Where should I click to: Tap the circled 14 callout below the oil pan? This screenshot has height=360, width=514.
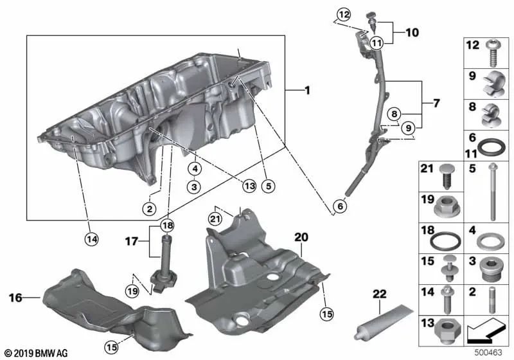coord(93,239)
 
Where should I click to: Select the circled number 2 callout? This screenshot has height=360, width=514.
coord(149,208)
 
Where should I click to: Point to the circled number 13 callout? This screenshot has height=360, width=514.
coord(249,186)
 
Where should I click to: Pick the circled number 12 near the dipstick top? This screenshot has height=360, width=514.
coord(344,14)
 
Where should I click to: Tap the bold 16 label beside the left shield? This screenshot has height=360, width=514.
coord(17,298)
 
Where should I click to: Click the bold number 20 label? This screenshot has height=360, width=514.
coord(301,237)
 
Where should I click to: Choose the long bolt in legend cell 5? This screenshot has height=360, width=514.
coord(493,193)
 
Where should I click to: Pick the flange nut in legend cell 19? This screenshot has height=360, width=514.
coord(446,207)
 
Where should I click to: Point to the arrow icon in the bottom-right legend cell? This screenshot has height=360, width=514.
coord(484,332)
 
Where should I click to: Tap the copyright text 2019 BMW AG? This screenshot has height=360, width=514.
coord(36,352)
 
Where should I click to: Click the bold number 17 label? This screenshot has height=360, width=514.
coord(131,242)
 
